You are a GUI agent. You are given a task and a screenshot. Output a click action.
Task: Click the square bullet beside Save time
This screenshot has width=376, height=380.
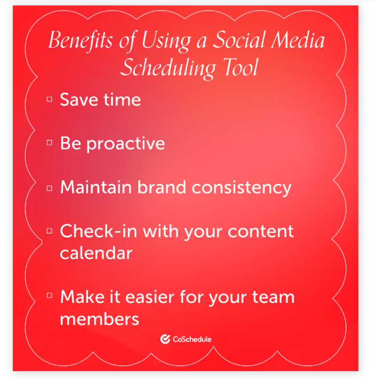tap(49, 100)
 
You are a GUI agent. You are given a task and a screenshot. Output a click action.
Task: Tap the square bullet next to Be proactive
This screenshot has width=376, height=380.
tap(49, 144)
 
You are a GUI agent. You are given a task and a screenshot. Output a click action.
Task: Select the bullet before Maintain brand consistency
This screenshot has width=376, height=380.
tap(49, 188)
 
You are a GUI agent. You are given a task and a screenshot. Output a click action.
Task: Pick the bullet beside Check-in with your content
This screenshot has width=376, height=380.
tap(49, 231)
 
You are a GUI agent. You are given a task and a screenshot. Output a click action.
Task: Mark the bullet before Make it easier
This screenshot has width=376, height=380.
tap(49, 296)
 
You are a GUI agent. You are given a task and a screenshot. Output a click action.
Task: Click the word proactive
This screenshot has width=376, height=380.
tap(125, 144)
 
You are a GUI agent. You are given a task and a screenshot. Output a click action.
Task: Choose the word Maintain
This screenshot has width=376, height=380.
tap(96, 187)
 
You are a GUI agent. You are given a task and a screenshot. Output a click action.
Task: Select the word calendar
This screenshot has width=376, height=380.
tap(96, 253)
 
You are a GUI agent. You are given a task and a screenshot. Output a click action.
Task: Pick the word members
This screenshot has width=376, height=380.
tap(100, 319)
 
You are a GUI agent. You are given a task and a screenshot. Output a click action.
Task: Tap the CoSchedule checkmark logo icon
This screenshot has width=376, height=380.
tap(165, 339)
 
